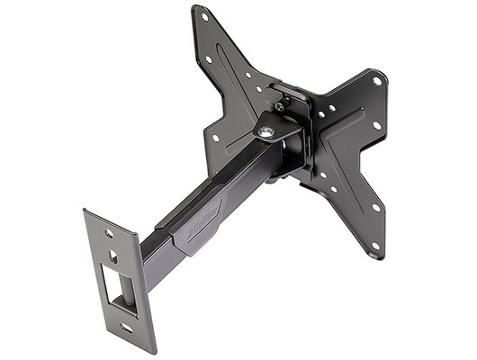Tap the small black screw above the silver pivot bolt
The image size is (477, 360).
(x=279, y=107)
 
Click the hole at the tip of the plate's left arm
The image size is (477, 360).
(x=214, y=139)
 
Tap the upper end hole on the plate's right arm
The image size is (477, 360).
(x=376, y=78)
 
